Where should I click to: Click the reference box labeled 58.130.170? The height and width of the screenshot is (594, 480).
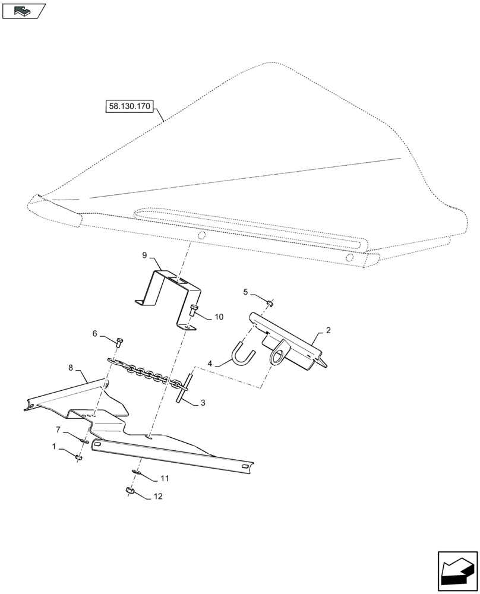click(x=130, y=107)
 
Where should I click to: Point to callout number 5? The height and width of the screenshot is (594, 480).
click(x=245, y=292)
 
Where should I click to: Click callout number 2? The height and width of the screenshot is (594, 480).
click(x=328, y=330)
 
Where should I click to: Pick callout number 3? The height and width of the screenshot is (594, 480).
click(x=203, y=403)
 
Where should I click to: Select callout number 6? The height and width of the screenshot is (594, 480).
click(x=94, y=334)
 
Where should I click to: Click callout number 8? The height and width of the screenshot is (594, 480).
click(x=71, y=368)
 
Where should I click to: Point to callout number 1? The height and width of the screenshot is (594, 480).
click(x=55, y=445)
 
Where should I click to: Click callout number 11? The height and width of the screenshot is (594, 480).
click(x=165, y=479)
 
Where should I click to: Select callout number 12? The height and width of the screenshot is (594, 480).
click(x=157, y=496)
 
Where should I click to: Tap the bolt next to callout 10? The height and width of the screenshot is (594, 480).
click(x=194, y=310)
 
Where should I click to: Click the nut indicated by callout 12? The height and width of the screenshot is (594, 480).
click(x=130, y=491)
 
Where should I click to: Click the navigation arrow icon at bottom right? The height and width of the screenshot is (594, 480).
click(x=457, y=571)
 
